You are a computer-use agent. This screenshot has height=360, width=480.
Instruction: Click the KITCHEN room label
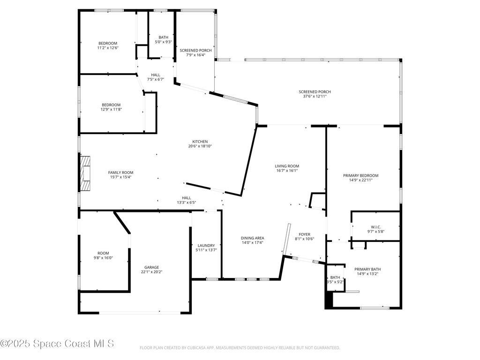pos(200,142)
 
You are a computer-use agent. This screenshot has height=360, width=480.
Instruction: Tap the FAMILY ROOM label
pos(120,172)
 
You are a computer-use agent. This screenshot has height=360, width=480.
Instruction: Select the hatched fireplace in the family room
pos(84,173)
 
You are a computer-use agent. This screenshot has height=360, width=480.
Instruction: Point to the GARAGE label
pos(151,267)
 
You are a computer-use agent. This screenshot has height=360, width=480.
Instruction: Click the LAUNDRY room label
pos(206,245)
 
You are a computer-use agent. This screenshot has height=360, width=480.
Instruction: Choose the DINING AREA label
pos(253,238)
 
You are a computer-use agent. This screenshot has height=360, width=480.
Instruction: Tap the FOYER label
pos(304,234)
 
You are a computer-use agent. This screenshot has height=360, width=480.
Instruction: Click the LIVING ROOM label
pos(287,166)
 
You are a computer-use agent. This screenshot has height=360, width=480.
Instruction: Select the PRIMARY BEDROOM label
pos(360,175)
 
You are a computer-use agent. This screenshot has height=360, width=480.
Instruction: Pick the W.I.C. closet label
pos(375,227)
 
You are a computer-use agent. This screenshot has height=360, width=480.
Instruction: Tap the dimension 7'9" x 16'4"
pos(195,55)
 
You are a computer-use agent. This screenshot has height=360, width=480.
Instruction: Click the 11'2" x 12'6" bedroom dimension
pos(107,48)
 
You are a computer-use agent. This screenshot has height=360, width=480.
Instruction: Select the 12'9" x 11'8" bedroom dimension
pos(111,109)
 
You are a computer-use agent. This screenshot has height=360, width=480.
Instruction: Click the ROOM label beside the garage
pos(103,253)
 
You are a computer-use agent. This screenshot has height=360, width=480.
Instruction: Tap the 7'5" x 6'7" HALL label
pos(155,79)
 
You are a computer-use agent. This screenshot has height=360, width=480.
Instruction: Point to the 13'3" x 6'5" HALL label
pos(186,202)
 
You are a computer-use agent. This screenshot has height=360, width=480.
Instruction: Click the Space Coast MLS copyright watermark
pos(57,344)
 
